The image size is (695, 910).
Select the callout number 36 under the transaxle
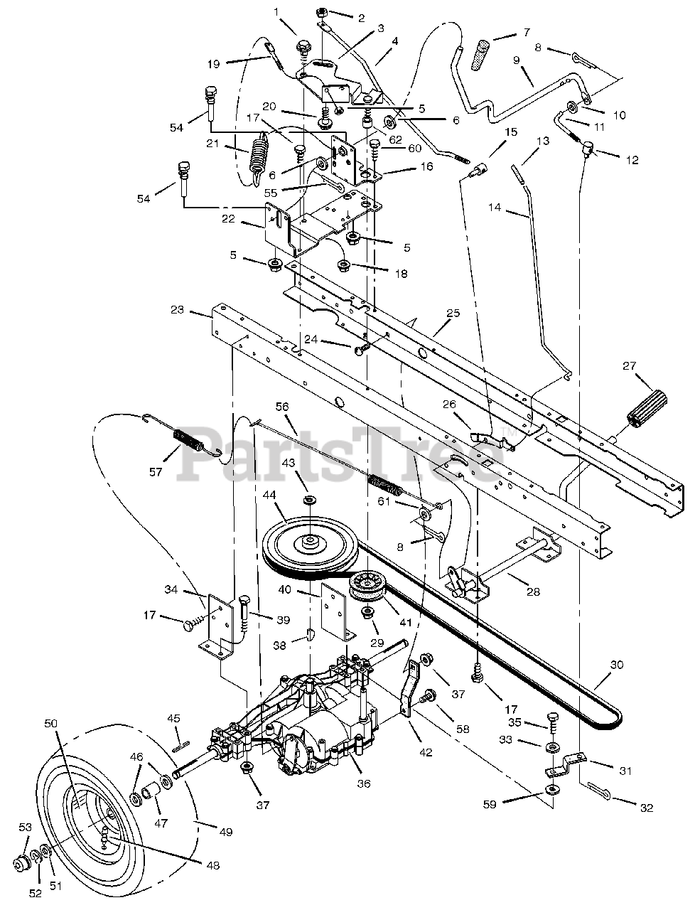pos(364,783)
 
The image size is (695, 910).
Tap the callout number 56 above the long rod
pos(282,407)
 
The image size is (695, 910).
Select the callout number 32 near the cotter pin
pos(646,807)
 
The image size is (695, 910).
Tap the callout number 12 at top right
pos(630,161)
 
